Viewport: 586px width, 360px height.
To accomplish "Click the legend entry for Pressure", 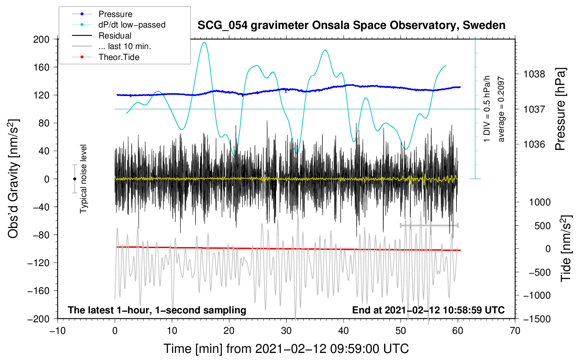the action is (x=102, y=14).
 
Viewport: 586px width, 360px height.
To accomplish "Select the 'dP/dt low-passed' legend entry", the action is (x=119, y=25).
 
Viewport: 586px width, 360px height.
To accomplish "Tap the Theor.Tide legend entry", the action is (x=106, y=57).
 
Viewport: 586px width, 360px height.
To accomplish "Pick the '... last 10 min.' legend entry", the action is (x=112, y=46).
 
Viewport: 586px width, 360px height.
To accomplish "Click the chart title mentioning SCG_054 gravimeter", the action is (x=351, y=25).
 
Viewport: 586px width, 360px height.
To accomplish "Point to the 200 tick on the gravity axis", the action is (x=41, y=40).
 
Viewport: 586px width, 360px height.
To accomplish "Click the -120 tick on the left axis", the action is (x=38, y=263).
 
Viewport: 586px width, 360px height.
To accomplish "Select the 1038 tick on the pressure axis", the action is (x=534, y=74).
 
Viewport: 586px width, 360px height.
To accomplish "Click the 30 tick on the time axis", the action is (x=286, y=331).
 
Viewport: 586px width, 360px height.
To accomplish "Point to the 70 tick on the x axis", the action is (x=515, y=331).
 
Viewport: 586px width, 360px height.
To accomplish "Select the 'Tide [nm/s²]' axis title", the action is (x=566, y=248).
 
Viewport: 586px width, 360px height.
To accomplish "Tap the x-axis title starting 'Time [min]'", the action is (x=286, y=349).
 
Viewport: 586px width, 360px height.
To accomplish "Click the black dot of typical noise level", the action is (x=74, y=179).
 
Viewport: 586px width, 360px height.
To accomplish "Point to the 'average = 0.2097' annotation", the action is (x=501, y=109).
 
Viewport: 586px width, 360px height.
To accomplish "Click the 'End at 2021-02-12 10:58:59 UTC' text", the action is (x=428, y=310).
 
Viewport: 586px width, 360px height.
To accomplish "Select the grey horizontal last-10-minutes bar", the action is (x=429, y=225).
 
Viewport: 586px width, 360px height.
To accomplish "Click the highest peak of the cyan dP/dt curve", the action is (x=204, y=42).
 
